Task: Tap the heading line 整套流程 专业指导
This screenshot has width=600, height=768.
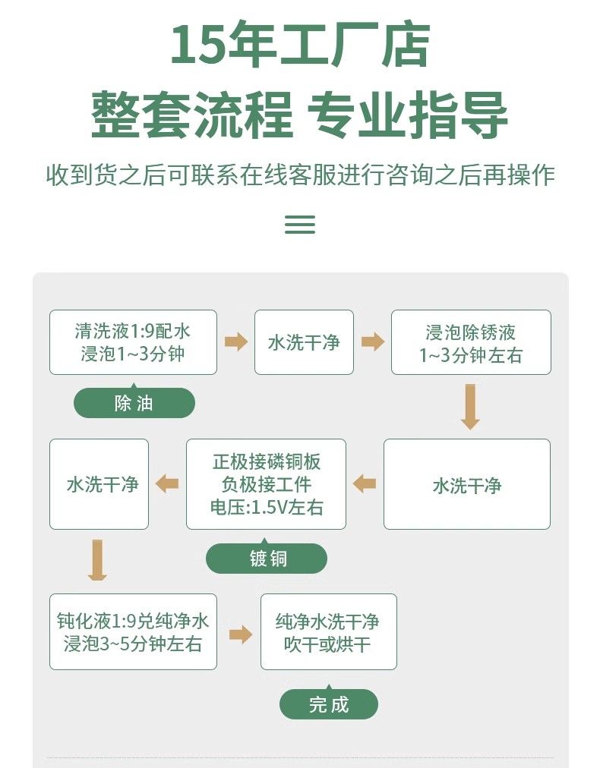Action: (x=299, y=115)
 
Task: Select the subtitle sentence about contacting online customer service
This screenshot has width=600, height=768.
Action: (x=300, y=175)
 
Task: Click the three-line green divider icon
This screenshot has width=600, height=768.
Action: (x=299, y=224)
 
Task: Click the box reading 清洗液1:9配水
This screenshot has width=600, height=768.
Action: (x=133, y=342)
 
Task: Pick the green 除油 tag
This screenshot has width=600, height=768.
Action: (x=134, y=403)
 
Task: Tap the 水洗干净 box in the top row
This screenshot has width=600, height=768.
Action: (x=304, y=342)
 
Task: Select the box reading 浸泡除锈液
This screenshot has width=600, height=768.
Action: (x=471, y=342)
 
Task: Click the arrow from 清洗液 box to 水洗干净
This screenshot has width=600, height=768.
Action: (x=236, y=342)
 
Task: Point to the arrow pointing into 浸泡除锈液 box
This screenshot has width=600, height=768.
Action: (x=372, y=342)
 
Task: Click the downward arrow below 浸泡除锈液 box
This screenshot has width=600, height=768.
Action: (x=470, y=407)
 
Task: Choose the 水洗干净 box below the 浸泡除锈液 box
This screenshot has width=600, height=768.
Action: (x=467, y=484)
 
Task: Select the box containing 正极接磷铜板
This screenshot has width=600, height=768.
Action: (x=266, y=484)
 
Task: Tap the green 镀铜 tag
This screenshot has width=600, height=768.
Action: (x=267, y=559)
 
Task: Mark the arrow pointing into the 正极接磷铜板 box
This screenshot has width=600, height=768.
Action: (x=365, y=483)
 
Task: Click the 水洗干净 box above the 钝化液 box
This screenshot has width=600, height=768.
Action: (x=99, y=484)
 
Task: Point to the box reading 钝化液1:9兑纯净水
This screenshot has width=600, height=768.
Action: (x=133, y=631)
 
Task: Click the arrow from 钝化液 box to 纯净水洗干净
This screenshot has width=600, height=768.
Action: (x=240, y=634)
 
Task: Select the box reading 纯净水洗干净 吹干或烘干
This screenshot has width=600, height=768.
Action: (x=328, y=631)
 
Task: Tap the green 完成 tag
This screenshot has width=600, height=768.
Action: (x=328, y=704)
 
